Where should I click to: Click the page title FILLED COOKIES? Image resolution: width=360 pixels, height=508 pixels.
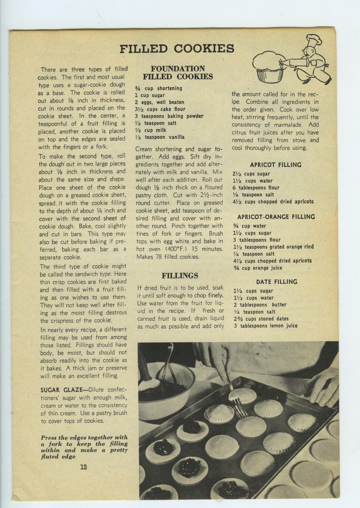pyautogui.click(x=177, y=49)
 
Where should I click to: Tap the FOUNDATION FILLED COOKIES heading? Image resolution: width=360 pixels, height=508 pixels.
pyautogui.click(x=178, y=73)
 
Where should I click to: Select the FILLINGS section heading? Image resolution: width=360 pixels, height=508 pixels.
pyautogui.click(x=180, y=275)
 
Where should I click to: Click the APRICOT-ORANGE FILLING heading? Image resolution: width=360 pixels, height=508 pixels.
pyautogui.click(x=276, y=217)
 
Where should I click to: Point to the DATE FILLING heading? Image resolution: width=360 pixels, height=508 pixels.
pyautogui.click(x=276, y=282)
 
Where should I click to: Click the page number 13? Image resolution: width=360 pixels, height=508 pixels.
pyautogui.click(x=83, y=467)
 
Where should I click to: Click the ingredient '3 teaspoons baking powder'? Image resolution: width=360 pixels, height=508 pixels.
pyautogui.click(x=169, y=116)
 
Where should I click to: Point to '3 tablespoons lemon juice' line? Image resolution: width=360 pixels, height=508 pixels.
pyautogui.click(x=265, y=326)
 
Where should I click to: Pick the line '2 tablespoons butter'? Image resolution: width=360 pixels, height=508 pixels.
pyautogui.click(x=260, y=305)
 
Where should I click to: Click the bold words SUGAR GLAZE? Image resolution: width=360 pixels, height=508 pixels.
pyautogui.click(x=59, y=390)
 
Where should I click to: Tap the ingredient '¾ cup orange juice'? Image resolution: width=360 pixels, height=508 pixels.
pyautogui.click(x=258, y=268)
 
